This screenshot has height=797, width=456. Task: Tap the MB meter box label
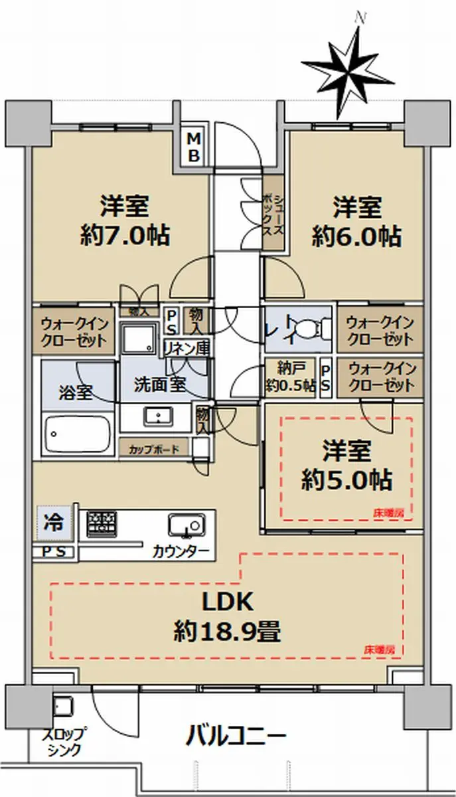point(195,147)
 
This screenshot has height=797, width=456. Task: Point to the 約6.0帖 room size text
point(356,236)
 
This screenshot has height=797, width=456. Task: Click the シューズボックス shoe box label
point(274,211)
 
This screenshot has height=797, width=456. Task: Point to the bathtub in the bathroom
point(76,435)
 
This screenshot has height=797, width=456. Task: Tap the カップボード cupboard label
point(153,449)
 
